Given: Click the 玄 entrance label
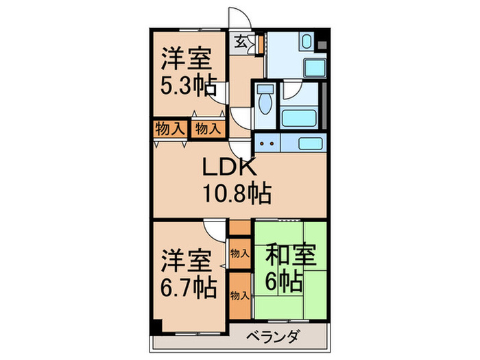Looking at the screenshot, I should click(x=242, y=42).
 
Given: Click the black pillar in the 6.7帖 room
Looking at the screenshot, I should click(x=157, y=328).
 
